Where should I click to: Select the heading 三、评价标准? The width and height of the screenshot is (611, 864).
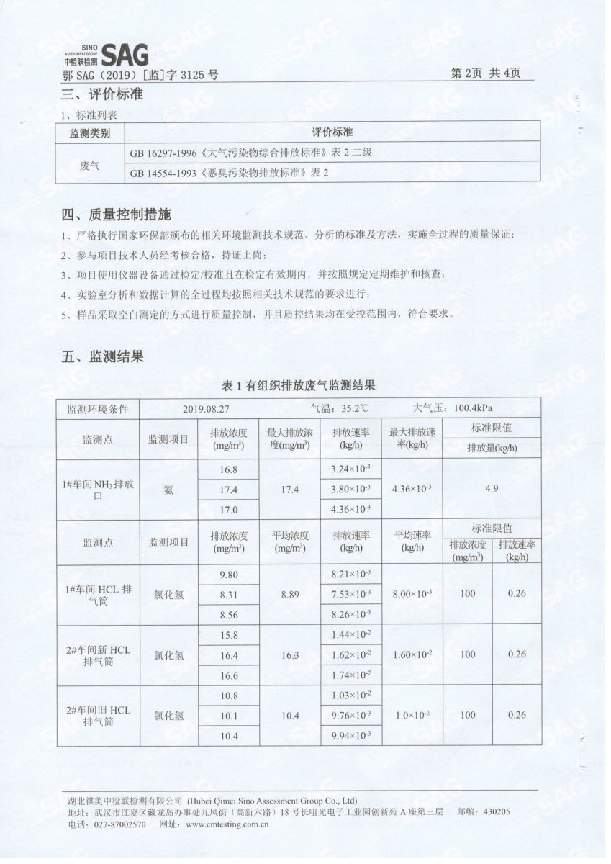(x=101, y=94)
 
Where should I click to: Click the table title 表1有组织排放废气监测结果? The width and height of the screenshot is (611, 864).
(x=299, y=386)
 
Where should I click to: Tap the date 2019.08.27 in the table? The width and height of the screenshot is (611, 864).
(x=206, y=408)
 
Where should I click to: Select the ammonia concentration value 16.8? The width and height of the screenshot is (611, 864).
(x=228, y=469)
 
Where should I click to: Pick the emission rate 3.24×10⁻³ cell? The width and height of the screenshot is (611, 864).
(x=350, y=469)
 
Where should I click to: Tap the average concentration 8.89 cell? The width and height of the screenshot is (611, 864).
(x=289, y=594)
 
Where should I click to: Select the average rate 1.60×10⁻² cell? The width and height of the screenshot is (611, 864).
(x=412, y=654)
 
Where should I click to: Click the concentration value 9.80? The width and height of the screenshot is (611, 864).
(x=228, y=574)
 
